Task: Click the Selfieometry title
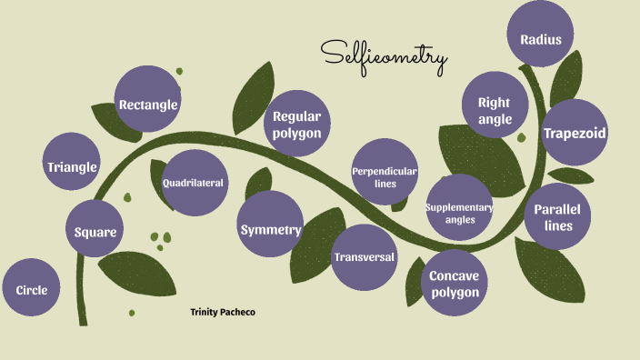click(x=384, y=57)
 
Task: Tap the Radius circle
click(x=541, y=39)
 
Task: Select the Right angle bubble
click(x=495, y=110)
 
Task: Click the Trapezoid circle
click(x=575, y=134)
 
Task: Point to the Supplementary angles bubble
click(x=459, y=213)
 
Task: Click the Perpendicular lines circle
click(x=385, y=176)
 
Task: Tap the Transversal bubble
click(x=364, y=256)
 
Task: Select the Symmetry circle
click(x=270, y=229)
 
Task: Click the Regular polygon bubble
click(x=297, y=125)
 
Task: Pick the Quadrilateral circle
click(x=193, y=183)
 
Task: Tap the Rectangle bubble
click(x=148, y=105)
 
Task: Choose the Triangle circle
click(x=72, y=166)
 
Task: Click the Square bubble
click(x=95, y=232)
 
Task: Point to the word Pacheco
click(x=240, y=312)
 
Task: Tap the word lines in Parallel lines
click(x=558, y=225)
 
